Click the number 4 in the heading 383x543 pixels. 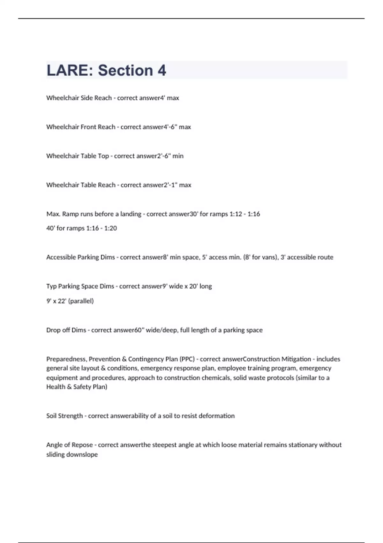pyautogui.click(x=162, y=70)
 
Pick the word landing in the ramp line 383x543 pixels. pyautogui.click(x=131, y=214)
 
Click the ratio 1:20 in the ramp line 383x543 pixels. pyautogui.click(x=110, y=228)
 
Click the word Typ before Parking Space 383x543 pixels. pyautogui.click(x=51, y=286)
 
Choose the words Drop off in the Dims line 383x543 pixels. pyautogui.click(x=58, y=330)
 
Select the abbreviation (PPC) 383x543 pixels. pyautogui.click(x=187, y=359)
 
